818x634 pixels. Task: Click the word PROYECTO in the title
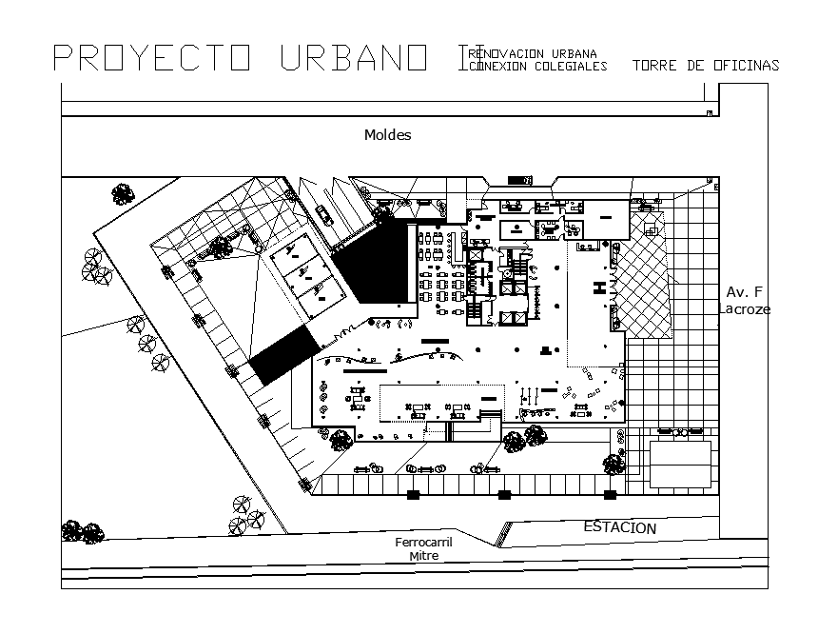pos(152,59)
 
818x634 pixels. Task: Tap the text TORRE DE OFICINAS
pos(705,66)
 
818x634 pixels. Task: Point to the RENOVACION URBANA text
pos(538,53)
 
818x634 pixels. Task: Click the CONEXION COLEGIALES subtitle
pos(538,67)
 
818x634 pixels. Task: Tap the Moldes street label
pos(387,135)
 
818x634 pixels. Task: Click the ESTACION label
pos(619,527)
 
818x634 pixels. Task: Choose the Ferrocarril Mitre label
pos(423,549)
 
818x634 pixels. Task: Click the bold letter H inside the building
pos(599,288)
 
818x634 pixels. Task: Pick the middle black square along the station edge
pos(504,495)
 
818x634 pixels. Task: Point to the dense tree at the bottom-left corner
pos(81,532)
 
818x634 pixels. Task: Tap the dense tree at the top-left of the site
pos(122,195)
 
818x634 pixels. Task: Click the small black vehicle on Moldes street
pos(518,180)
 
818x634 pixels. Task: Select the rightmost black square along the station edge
pos(610,495)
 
